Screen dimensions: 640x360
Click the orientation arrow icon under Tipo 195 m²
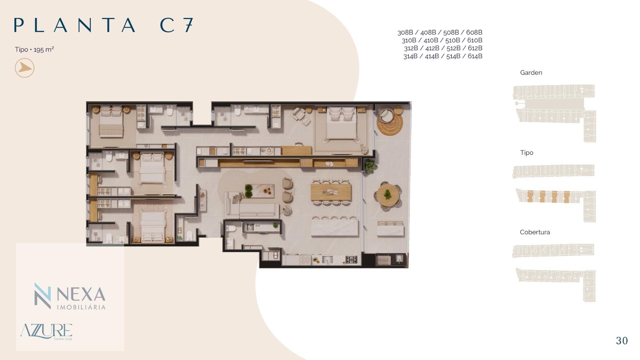tap(25, 68)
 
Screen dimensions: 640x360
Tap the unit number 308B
tap(405, 32)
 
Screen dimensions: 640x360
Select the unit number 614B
tap(475, 56)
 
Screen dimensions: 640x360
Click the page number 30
tap(622, 340)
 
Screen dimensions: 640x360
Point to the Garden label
tap(531, 73)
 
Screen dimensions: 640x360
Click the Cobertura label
tap(535, 232)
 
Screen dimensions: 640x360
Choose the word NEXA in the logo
tap(81, 294)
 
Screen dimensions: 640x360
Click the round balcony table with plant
tap(387, 195)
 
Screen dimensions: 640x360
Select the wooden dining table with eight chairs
tap(331, 193)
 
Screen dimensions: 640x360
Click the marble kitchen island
tap(335, 227)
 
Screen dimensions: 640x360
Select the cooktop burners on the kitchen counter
tap(351, 259)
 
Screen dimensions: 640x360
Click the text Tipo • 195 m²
tap(34, 50)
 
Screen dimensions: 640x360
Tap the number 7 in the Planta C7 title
tap(188, 25)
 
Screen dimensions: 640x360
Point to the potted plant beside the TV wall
tap(369, 166)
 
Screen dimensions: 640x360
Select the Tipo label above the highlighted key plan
tap(527, 153)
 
